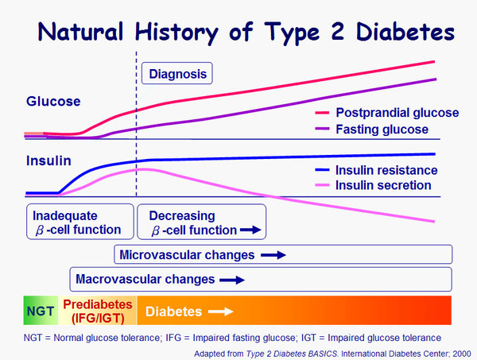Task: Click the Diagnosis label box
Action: pyautogui.click(x=179, y=75)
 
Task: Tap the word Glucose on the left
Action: pyautogui.click(x=53, y=102)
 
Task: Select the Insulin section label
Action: pyautogui.click(x=48, y=161)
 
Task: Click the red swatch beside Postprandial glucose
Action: pyautogui.click(x=322, y=114)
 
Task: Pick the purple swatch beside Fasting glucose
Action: pyautogui.click(x=322, y=129)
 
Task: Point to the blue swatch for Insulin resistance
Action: pyautogui.click(x=322, y=170)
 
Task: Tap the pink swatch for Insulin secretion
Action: pyautogui.click(x=322, y=186)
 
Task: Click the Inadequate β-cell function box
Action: pyautogui.click(x=76, y=223)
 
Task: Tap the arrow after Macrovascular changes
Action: pyautogui.click(x=232, y=280)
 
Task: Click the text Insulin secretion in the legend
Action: pyautogui.click(x=384, y=186)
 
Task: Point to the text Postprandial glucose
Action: pyautogui.click(x=397, y=114)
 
